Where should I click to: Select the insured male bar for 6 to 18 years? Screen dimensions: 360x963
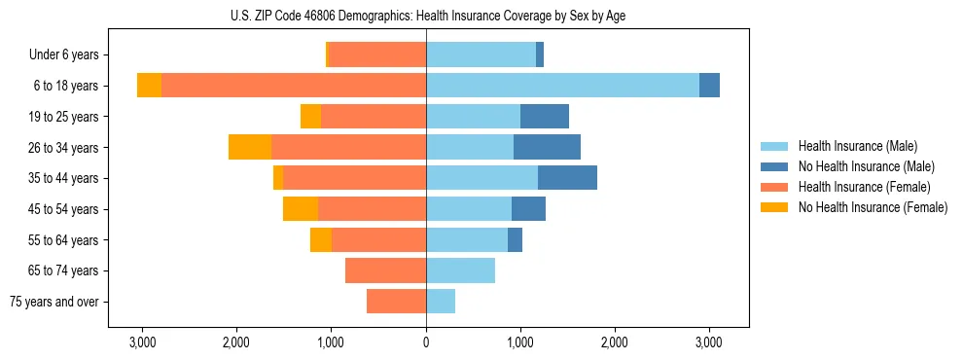562,86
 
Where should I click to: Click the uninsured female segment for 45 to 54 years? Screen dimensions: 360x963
301,208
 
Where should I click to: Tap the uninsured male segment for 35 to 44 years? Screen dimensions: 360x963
567,178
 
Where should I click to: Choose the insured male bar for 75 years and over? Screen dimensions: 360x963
441,302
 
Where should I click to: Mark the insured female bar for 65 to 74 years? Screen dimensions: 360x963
385,270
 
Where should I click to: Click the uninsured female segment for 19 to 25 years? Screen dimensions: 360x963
310,117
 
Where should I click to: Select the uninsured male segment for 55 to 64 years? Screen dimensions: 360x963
515,239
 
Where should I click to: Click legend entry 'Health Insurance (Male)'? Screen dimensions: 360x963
857,146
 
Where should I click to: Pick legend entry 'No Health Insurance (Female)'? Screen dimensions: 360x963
872,207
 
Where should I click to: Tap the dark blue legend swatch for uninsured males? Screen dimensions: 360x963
774,166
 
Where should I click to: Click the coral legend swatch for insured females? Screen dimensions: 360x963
774,187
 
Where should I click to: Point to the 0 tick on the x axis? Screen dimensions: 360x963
426,342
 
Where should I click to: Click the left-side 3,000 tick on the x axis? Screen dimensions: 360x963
142,342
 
